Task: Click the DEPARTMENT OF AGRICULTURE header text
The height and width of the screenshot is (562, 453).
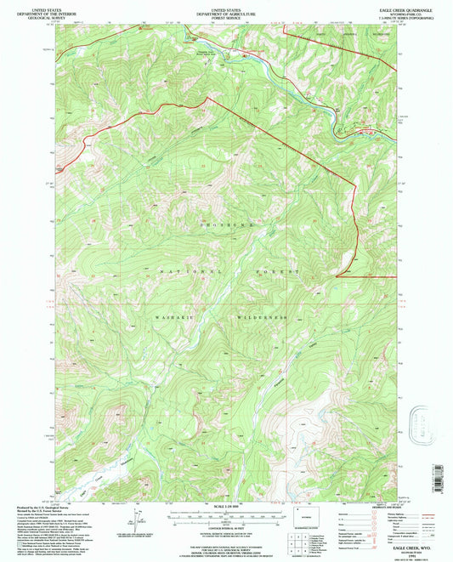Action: tap(226, 12)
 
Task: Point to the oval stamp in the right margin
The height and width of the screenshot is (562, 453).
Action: tap(421, 421)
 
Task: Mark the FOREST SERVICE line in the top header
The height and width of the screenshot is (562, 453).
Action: tap(226, 16)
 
